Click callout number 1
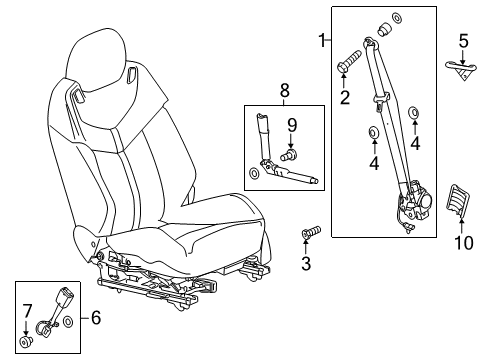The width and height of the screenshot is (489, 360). (x=322, y=40)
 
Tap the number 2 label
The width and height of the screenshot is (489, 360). (x=343, y=97)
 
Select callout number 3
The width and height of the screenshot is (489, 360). (x=306, y=264)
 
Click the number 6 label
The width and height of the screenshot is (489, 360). (x=96, y=318)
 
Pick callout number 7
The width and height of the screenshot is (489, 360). (x=27, y=309)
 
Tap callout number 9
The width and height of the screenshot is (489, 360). (x=293, y=124)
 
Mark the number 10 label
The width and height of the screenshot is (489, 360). (x=462, y=271)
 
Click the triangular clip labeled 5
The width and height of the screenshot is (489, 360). (x=460, y=67)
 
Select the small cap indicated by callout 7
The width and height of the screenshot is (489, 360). (x=28, y=340)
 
